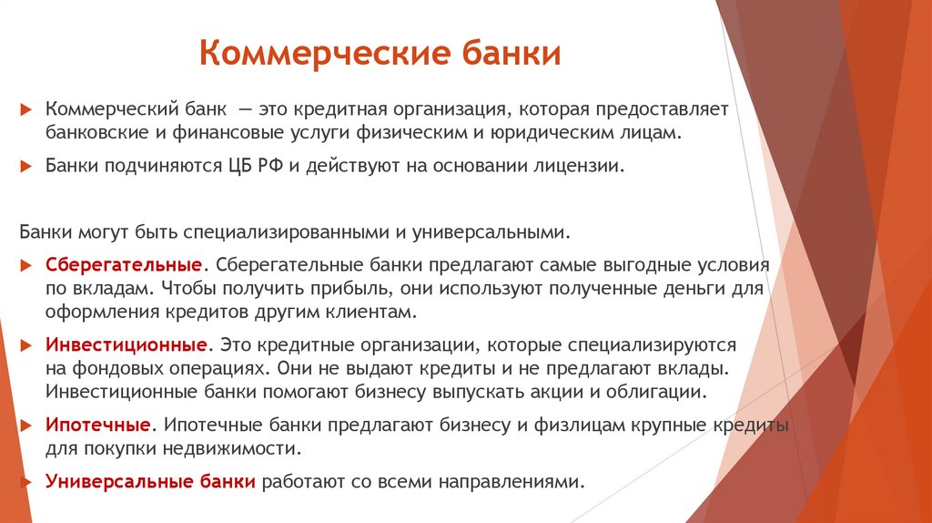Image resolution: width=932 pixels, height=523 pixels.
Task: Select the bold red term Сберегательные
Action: pos(124,264)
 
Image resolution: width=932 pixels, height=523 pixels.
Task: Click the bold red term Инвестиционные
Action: pos(124,347)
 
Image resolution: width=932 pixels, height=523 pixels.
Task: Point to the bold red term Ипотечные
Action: pos(98,426)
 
